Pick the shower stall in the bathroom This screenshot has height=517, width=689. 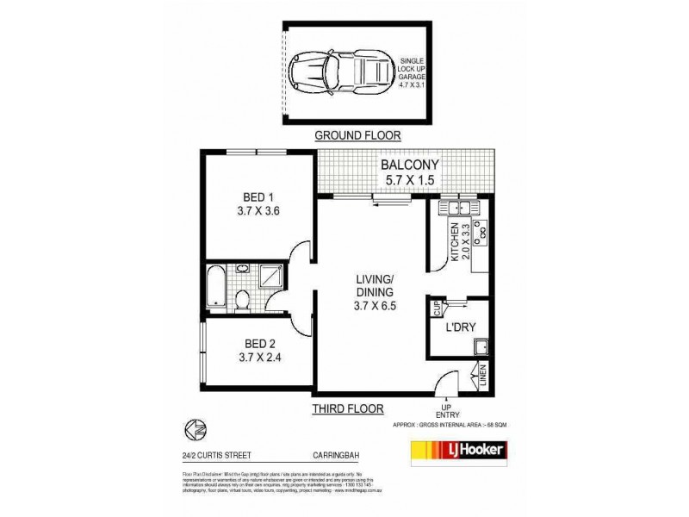(x=271, y=278)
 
